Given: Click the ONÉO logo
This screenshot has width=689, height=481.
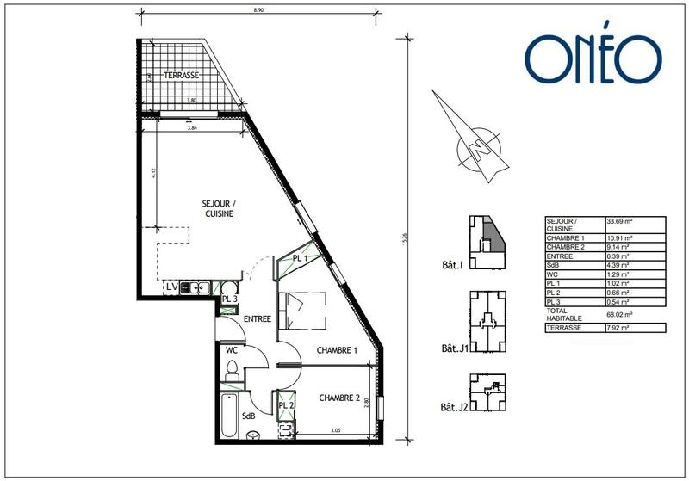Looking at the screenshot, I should click(x=593, y=59).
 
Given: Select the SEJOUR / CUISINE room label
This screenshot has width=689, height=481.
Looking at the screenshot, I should click(x=219, y=208).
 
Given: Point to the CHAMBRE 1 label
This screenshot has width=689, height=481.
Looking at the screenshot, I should click(x=337, y=350).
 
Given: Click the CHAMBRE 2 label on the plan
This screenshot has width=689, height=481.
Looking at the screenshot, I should click(x=339, y=398).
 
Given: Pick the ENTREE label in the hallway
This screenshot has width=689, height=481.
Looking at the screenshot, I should click(x=258, y=319).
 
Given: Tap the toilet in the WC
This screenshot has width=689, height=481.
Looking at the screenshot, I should click(x=231, y=370).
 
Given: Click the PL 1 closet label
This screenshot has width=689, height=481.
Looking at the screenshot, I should click(x=301, y=259).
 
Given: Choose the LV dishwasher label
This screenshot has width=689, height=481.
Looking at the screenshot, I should click(x=171, y=286).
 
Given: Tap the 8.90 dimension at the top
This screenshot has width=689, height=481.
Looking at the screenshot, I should click(x=258, y=9).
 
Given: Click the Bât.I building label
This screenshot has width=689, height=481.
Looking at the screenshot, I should click(x=451, y=266).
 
